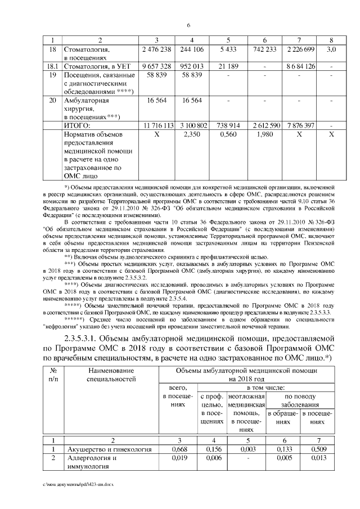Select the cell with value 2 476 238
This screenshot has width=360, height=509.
tap(157, 50)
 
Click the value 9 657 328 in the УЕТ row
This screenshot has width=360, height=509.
tap(157, 66)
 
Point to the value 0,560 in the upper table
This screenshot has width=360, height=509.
tap(228, 135)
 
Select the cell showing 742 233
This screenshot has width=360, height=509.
tap(264, 50)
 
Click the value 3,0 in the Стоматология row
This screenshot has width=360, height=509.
tap(331, 50)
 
